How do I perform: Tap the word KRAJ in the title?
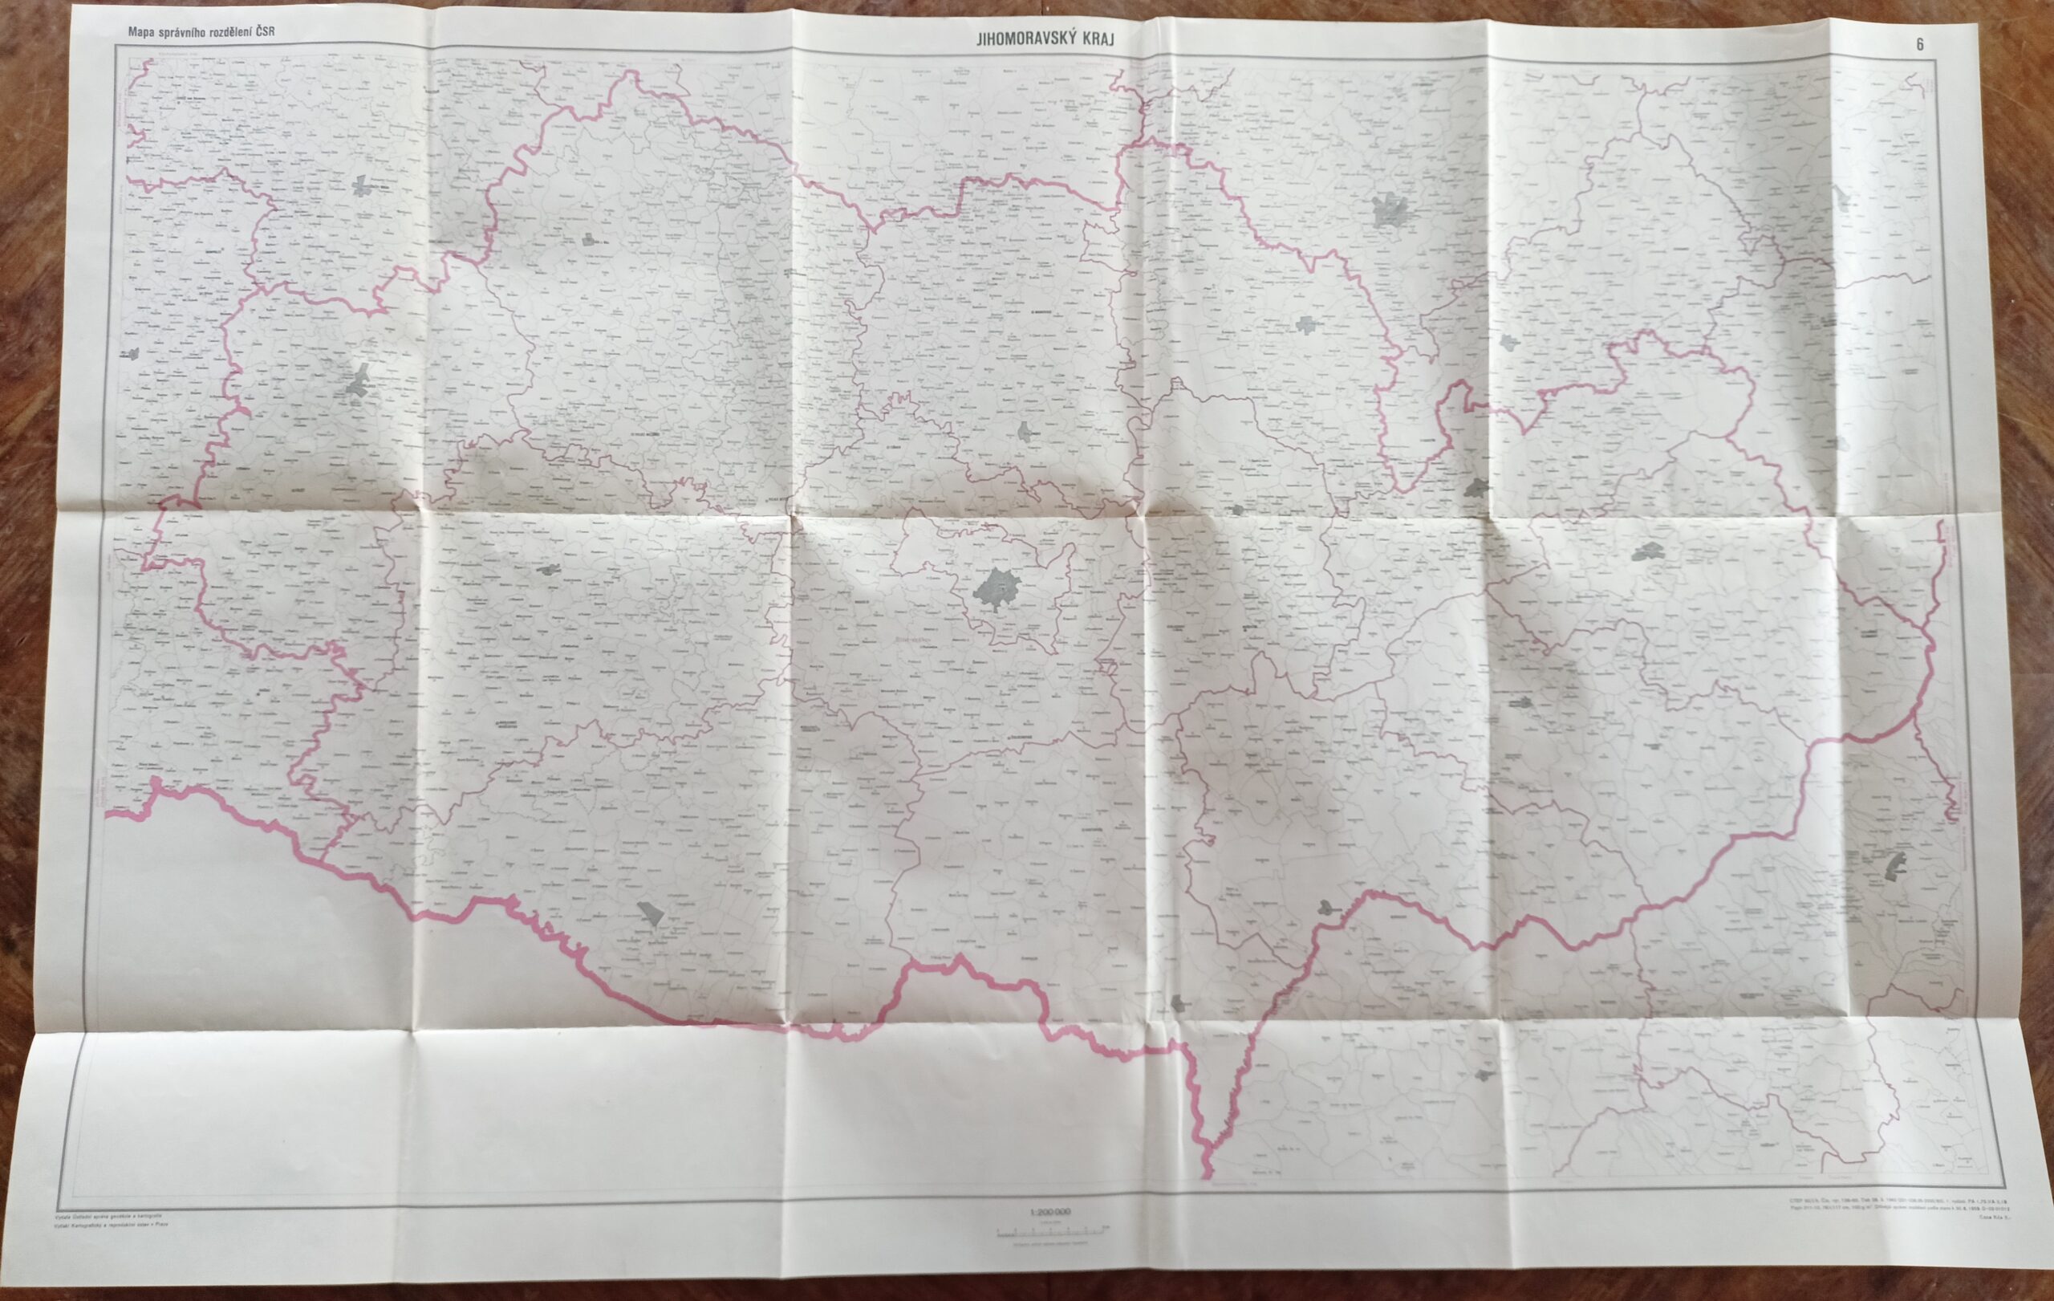pos(1096,39)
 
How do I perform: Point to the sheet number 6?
pos(1920,45)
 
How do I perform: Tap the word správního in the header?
pos(181,32)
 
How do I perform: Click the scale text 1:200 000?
pos(1050,1212)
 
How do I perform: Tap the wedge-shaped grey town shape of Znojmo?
pos(652,914)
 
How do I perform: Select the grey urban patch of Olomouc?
pos(1390,209)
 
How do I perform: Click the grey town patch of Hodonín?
pos(1326,909)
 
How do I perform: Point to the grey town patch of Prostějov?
pos(1306,324)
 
